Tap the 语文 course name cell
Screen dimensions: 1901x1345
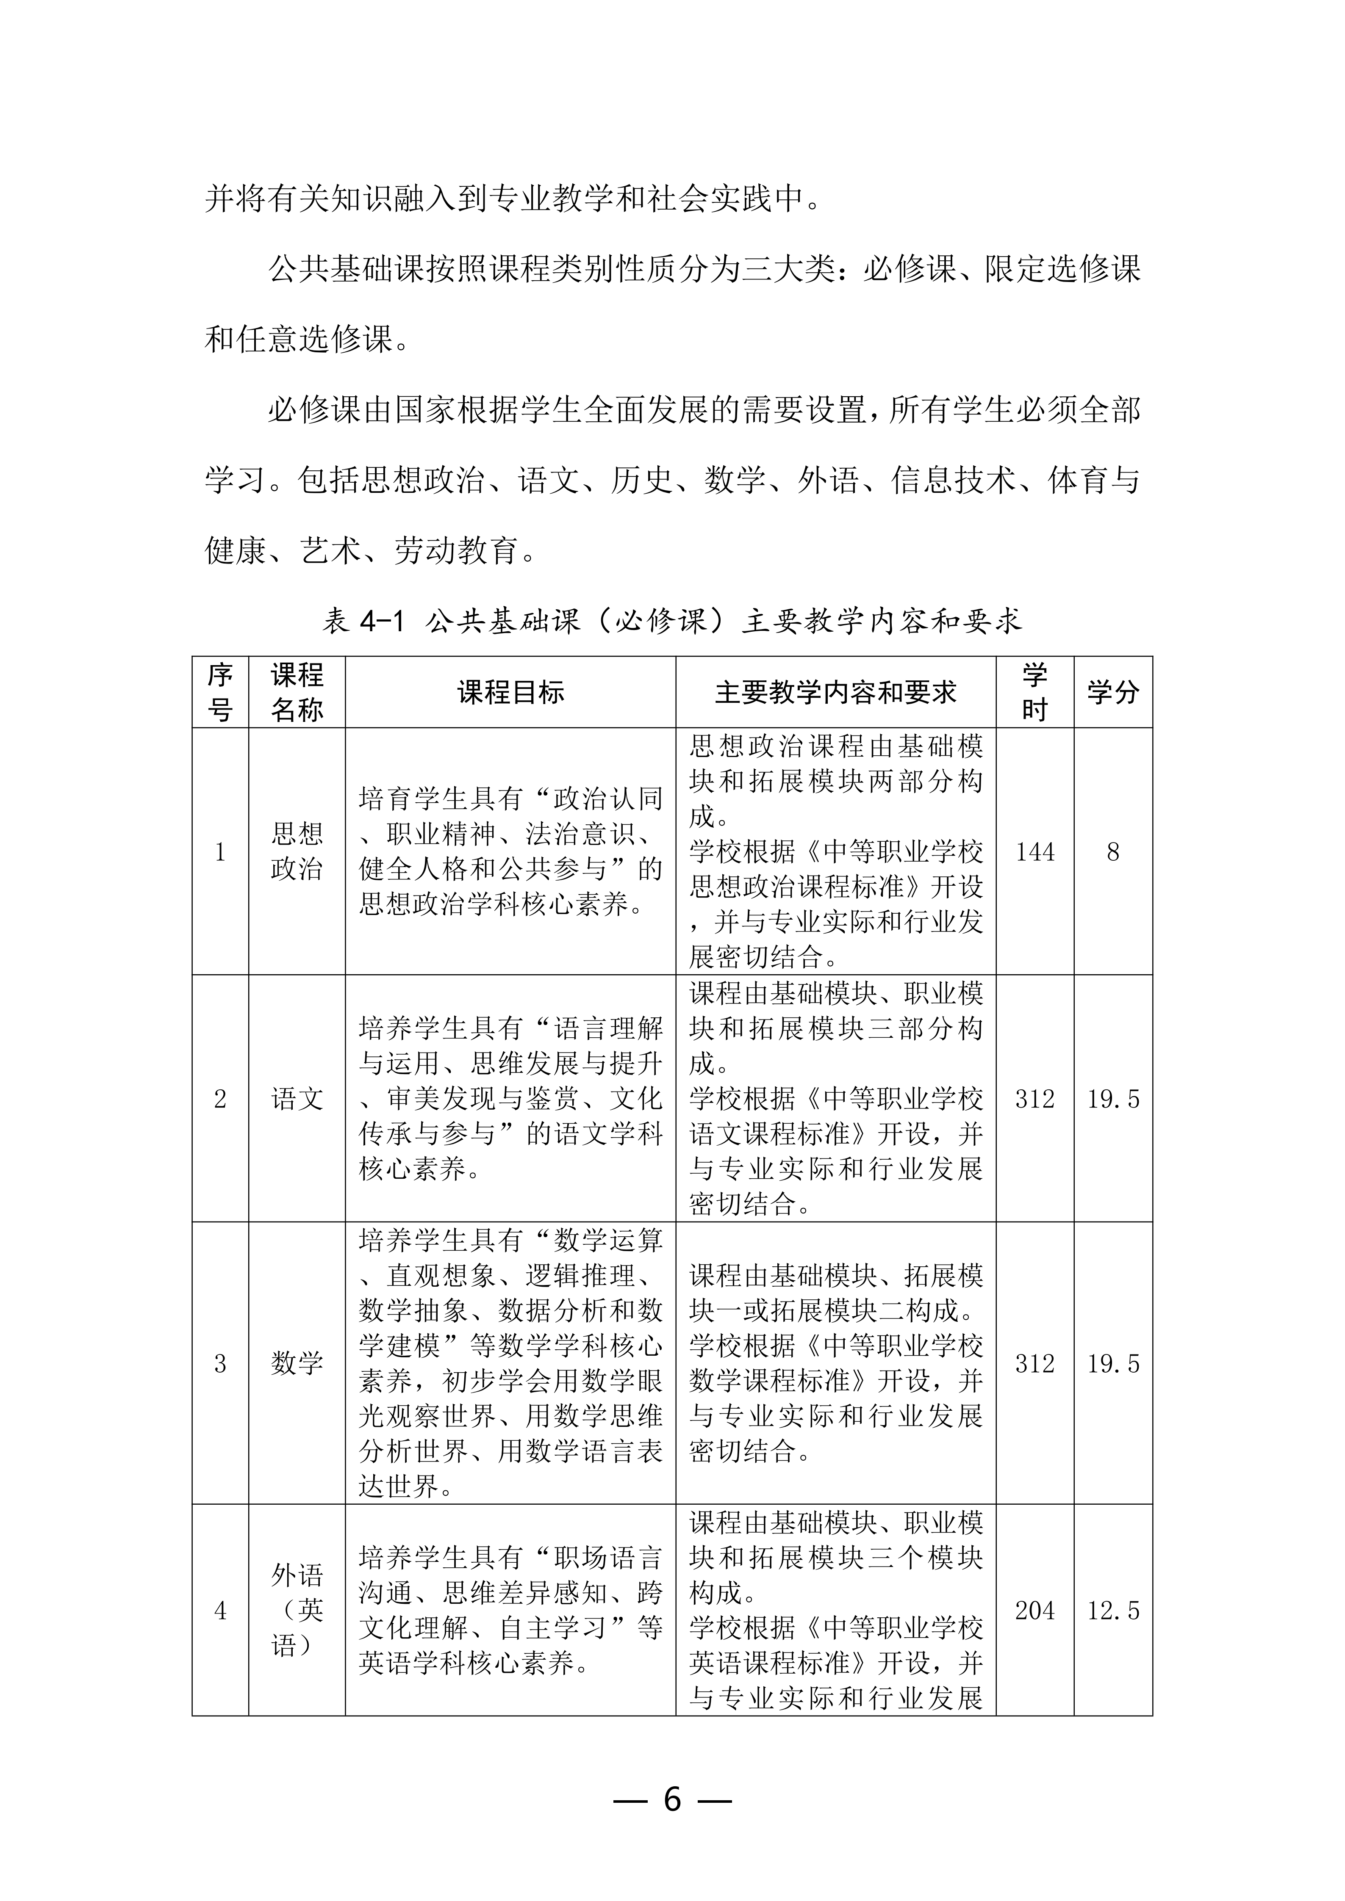coord(297,1099)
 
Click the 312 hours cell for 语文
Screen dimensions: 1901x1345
coord(1034,1099)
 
